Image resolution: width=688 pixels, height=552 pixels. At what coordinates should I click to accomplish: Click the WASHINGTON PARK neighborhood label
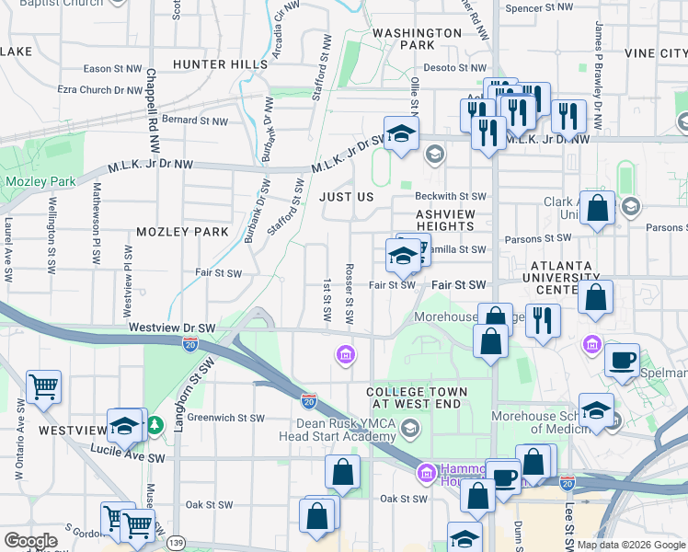(x=417, y=39)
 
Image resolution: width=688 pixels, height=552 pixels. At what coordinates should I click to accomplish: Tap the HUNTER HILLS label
(x=215, y=63)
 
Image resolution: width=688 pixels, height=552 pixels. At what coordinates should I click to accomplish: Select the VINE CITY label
(x=655, y=54)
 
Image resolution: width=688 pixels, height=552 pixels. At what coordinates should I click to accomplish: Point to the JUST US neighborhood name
(x=346, y=197)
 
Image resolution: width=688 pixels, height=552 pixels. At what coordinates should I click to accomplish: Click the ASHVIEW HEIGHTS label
(x=445, y=220)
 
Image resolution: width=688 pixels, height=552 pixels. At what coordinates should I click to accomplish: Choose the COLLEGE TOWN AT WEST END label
(x=417, y=398)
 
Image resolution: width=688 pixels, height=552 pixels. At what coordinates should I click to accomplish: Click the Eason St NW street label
(x=112, y=68)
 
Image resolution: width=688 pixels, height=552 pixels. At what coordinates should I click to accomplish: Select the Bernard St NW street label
(x=194, y=120)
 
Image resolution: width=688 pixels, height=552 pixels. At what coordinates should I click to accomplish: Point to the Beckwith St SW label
(x=450, y=197)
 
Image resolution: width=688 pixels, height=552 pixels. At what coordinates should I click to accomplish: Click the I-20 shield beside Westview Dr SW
(x=190, y=342)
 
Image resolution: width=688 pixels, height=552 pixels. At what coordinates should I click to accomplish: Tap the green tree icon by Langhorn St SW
(x=155, y=424)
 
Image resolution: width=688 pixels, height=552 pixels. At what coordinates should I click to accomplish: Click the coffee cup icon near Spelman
(x=623, y=359)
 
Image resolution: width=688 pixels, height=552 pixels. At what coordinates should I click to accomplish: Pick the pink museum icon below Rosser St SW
(x=345, y=354)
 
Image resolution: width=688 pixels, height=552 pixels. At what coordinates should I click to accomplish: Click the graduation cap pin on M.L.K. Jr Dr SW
(x=401, y=134)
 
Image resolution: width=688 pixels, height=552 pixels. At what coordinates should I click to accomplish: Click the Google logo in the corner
(x=31, y=541)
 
